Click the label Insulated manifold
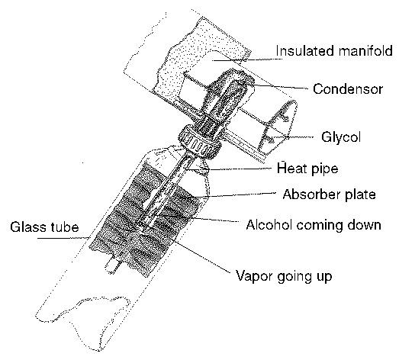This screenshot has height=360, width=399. point(334,51)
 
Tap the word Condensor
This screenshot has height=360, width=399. point(348,89)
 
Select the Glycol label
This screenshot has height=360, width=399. point(341,137)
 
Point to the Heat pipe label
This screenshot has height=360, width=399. point(307,169)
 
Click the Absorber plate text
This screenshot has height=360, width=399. point(329,194)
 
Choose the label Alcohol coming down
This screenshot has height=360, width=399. point(314,225)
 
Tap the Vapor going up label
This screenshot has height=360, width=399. point(284,276)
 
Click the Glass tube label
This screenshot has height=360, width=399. point(44,227)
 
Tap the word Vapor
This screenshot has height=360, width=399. point(254,276)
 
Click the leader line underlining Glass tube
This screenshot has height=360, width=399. point(63,238)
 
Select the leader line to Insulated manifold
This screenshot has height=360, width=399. point(247,60)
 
